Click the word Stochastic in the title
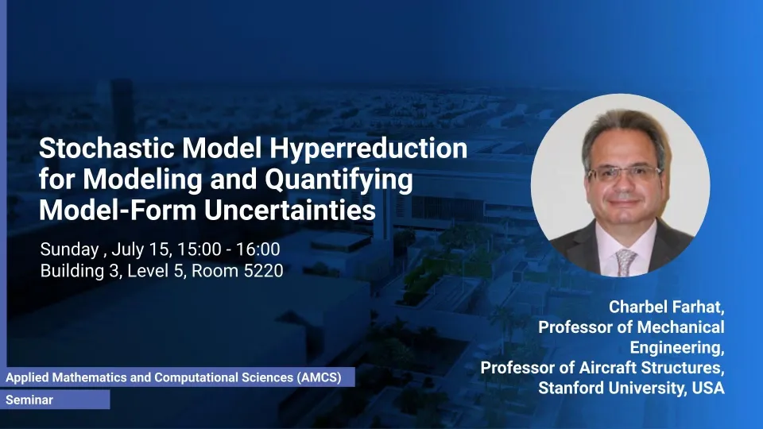(x=107, y=148)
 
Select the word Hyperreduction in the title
(x=368, y=149)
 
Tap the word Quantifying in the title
(x=339, y=180)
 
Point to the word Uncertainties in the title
(x=289, y=210)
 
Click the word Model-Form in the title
(x=118, y=210)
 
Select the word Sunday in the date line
(x=70, y=250)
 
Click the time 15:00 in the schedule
(x=199, y=249)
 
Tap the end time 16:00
(x=258, y=249)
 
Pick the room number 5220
(x=263, y=270)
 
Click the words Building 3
(x=79, y=271)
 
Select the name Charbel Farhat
(x=665, y=307)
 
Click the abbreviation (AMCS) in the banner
(x=320, y=377)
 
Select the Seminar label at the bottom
(x=29, y=400)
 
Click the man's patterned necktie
(x=626, y=261)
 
